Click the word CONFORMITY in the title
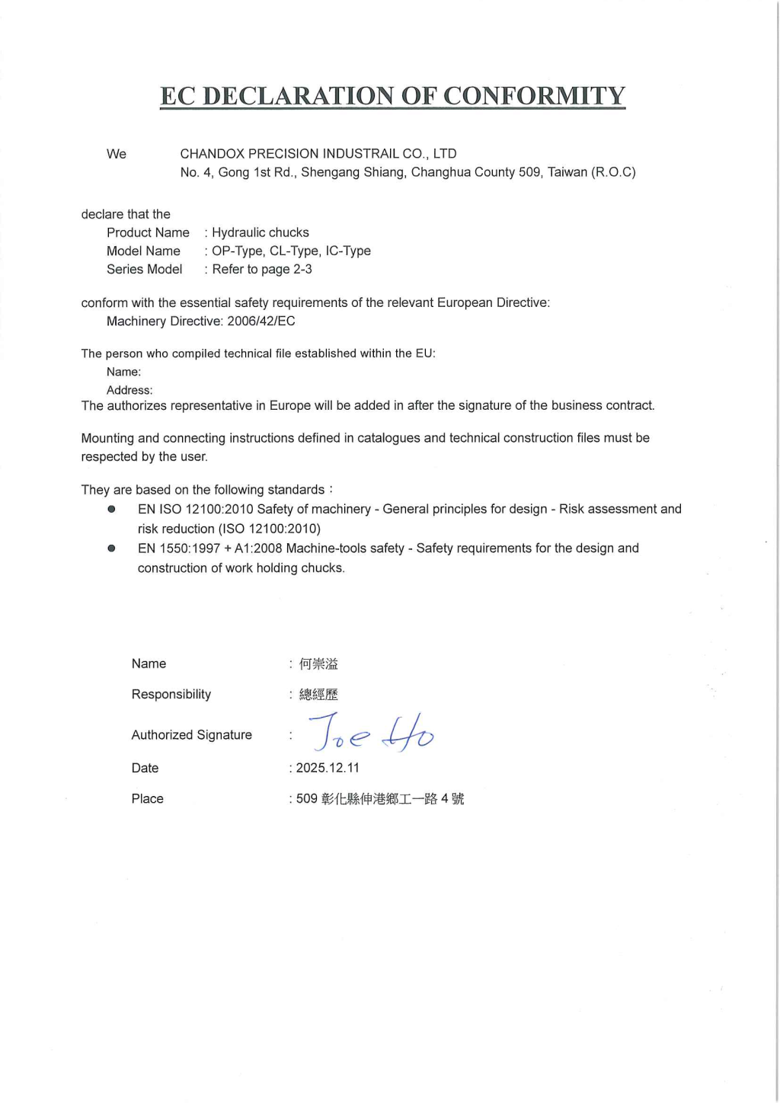click(x=534, y=96)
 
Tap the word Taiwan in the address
click(x=567, y=172)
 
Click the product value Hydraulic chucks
click(x=261, y=232)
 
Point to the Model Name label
click(x=143, y=251)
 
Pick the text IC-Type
click(x=348, y=251)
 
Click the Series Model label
click(x=144, y=269)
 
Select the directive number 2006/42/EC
click(x=261, y=321)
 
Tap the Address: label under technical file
click(x=129, y=390)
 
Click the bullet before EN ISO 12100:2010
click(x=111, y=509)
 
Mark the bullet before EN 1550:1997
click(x=111, y=548)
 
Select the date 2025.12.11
click(x=328, y=768)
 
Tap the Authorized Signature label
click(x=191, y=734)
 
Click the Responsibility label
click(x=171, y=694)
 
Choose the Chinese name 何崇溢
click(x=318, y=663)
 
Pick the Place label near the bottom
click(x=147, y=798)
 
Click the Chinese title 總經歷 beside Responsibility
click(x=318, y=694)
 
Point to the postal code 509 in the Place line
click(x=306, y=798)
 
